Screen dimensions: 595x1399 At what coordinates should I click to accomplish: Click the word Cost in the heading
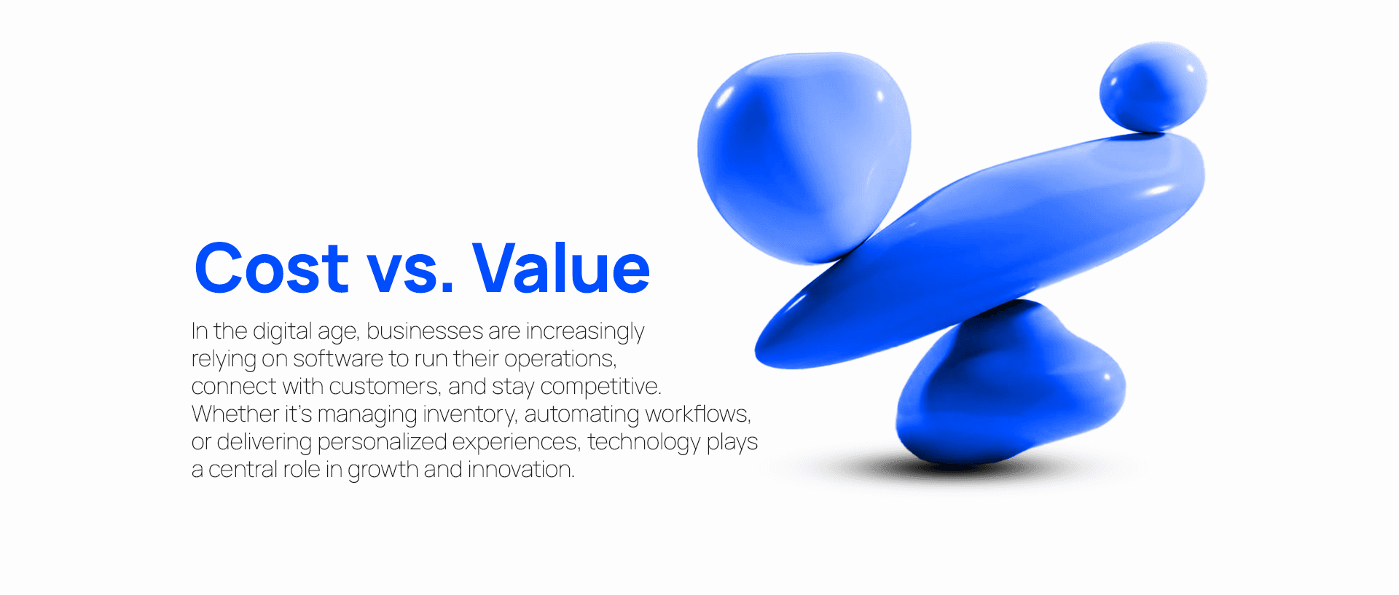click(x=271, y=269)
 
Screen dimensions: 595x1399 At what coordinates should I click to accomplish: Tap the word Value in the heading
click(x=561, y=269)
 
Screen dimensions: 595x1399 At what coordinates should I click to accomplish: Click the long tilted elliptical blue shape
click(x=984, y=248)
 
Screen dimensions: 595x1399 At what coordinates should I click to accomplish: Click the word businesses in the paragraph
click(x=425, y=331)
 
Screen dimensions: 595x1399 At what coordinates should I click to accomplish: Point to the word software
click(x=337, y=359)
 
